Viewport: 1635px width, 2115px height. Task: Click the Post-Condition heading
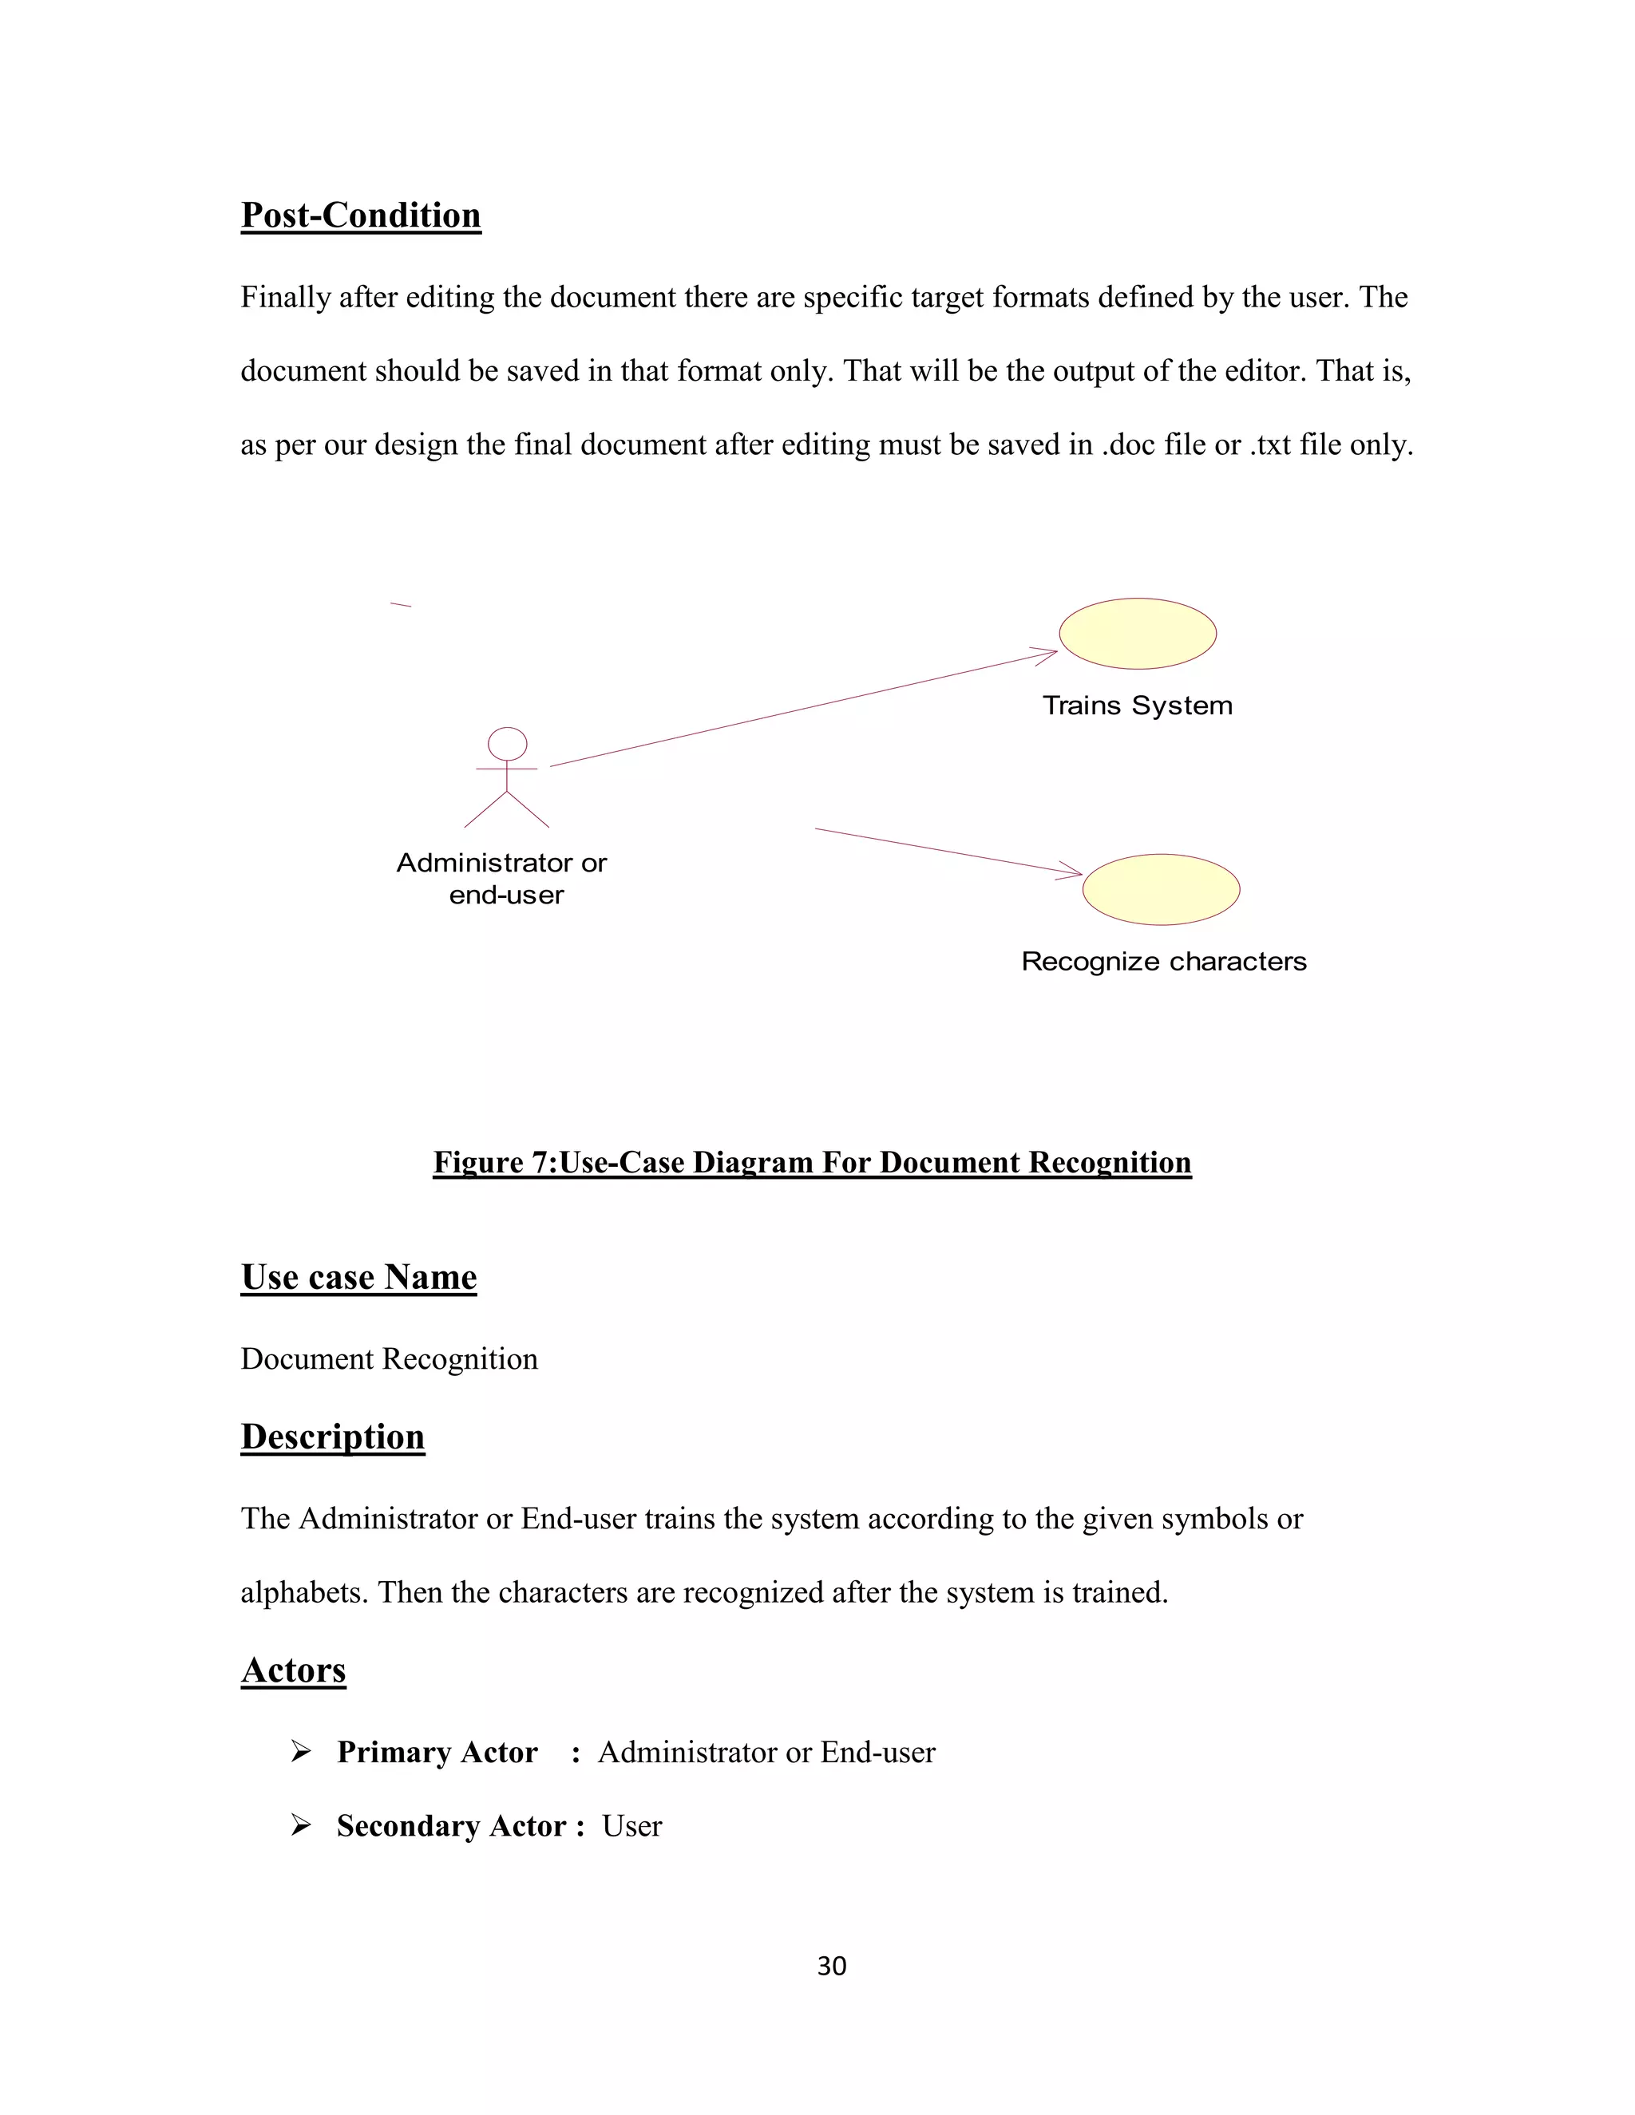tap(360, 215)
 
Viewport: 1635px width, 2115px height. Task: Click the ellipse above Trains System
tap(1137, 634)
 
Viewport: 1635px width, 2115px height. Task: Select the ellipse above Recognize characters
tap(1160, 889)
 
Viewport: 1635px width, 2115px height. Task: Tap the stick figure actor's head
tap(507, 744)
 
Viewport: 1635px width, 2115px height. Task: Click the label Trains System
tap(1137, 705)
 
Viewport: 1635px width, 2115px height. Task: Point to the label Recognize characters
tap(1163, 962)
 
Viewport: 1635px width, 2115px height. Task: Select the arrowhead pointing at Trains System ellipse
tap(1048, 654)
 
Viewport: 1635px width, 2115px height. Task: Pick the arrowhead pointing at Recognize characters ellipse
tap(1073, 872)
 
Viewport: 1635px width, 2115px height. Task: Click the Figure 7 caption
tap(812, 1162)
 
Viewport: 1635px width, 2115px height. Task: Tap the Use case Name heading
tap(358, 1277)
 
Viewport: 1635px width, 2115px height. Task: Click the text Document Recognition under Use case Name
tap(389, 1358)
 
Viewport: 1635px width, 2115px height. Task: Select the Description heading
tap(332, 1436)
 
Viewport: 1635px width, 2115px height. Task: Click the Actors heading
tap(294, 1670)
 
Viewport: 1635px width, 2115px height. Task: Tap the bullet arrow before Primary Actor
tap(300, 1751)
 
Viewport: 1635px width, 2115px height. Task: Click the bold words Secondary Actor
tap(451, 1825)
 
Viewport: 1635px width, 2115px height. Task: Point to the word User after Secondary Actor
tap(631, 1825)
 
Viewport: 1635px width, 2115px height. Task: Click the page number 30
tap(831, 1966)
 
